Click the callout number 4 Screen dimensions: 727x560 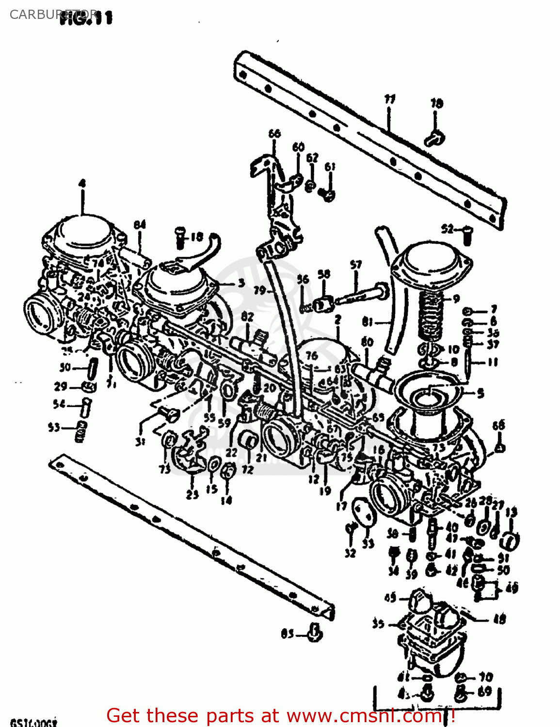coord(82,184)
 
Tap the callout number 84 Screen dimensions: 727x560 coord(140,224)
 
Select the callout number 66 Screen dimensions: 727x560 coord(274,133)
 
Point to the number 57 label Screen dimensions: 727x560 coord(356,265)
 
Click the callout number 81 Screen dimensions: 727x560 coord(368,321)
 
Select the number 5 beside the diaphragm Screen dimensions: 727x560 coord(480,393)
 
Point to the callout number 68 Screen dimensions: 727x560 coord(498,425)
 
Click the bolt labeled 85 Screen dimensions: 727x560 coord(315,633)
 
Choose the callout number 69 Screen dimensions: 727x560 coord(484,692)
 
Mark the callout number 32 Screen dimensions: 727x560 coord(350,553)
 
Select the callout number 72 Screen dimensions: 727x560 coord(248,469)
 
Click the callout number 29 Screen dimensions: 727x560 coord(60,387)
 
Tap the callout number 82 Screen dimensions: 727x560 coord(247,317)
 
